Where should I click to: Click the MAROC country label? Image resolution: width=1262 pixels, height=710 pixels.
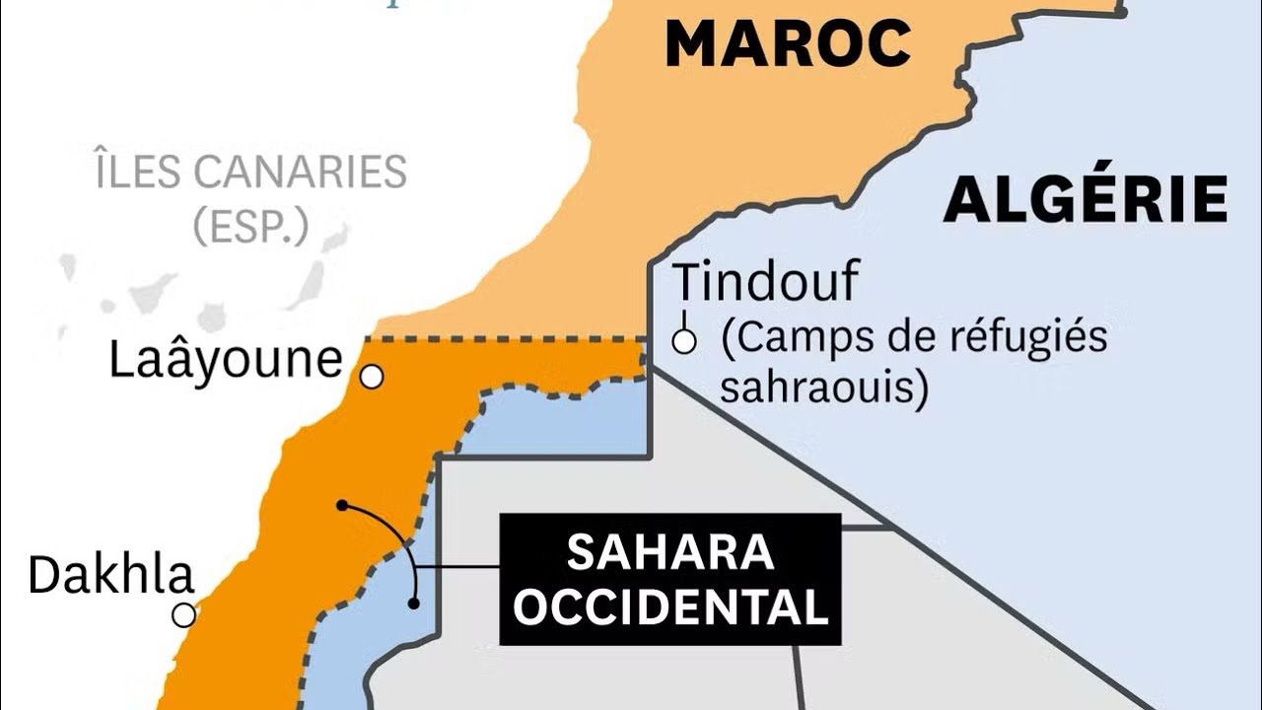[x=788, y=43]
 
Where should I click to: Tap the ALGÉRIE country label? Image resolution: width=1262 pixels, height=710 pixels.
[x=1086, y=200]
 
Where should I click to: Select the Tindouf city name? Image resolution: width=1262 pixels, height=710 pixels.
[x=765, y=284]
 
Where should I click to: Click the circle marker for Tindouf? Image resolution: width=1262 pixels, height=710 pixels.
[x=684, y=342]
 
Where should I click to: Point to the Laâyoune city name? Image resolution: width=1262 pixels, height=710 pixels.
[x=225, y=360]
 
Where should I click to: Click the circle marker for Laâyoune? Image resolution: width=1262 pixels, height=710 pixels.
[x=372, y=377]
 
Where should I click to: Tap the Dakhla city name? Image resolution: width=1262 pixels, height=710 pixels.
[x=110, y=575]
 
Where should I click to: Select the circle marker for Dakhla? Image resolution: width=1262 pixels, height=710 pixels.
[x=183, y=615]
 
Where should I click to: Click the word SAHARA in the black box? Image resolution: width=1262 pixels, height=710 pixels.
[x=670, y=553]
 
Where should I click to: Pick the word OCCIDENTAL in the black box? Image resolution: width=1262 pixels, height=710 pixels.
[x=670, y=608]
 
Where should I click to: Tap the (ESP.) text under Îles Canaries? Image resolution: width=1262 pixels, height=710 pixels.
[x=250, y=227]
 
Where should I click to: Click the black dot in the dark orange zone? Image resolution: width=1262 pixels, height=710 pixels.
[x=341, y=505]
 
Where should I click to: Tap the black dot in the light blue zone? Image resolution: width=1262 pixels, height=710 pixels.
[x=414, y=603]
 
